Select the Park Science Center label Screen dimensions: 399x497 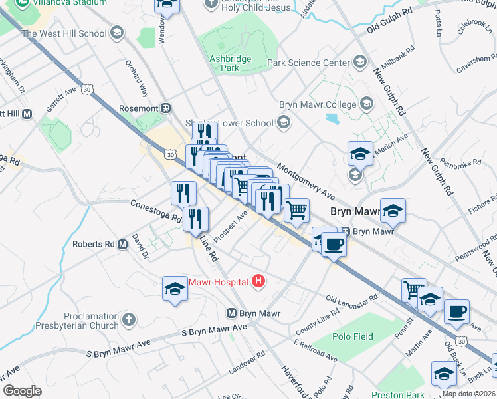[308, 63]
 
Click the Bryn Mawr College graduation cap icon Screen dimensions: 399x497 [367, 104]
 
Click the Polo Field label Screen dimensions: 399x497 [353, 336]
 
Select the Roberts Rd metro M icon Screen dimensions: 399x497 [122, 245]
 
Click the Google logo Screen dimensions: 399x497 [22, 391]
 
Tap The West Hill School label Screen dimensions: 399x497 [64, 33]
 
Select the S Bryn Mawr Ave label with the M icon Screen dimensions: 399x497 [232, 313]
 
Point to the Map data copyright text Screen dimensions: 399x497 [469, 393]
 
